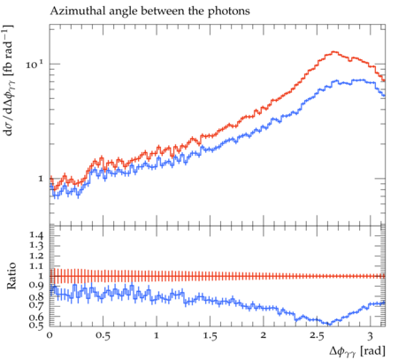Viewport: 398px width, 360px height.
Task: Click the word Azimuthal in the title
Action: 72,11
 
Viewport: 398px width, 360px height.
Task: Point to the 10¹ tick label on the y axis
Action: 34,65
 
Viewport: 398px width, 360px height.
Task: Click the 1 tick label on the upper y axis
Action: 41,179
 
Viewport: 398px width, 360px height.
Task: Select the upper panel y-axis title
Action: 9,80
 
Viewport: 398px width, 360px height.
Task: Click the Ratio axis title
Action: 11,276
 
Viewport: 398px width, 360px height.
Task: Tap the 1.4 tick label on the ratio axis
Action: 37,235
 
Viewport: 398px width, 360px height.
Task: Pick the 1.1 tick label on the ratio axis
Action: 37,266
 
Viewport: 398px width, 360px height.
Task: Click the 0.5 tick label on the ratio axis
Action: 37,325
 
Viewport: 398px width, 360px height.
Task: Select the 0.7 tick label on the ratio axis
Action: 37,304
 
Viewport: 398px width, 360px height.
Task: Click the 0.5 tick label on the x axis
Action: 103,336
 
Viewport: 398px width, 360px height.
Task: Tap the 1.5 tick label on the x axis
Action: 210,336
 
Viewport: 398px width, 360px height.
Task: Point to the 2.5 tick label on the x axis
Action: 317,336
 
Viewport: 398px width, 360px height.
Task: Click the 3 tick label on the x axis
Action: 371,336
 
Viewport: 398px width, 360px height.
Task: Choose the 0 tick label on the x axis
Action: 50,336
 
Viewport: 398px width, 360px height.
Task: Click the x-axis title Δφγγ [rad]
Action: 357,351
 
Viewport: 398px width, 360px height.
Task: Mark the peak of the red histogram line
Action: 333,52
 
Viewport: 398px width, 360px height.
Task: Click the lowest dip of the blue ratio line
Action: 329,324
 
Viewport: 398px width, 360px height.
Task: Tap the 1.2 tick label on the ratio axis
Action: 37,256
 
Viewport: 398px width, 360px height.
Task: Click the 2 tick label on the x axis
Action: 264,336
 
